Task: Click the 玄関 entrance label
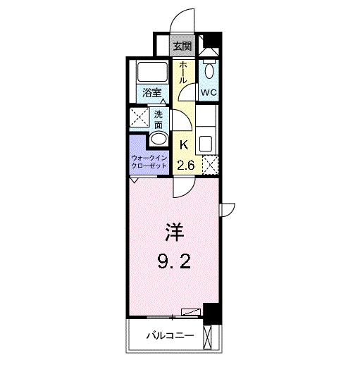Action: click(x=182, y=46)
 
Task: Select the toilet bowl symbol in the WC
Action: click(x=209, y=68)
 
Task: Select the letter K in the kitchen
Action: click(x=183, y=146)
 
